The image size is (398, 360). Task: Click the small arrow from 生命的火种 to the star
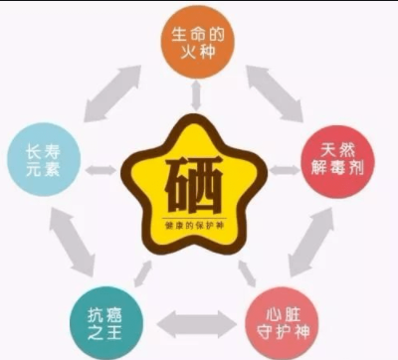coord(196,97)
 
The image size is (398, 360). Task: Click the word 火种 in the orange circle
coord(197,52)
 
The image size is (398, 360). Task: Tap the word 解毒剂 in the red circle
coord(340,169)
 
